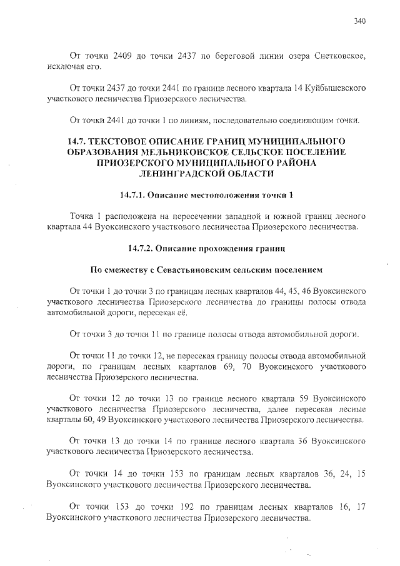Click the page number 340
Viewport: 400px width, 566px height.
[359, 21]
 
